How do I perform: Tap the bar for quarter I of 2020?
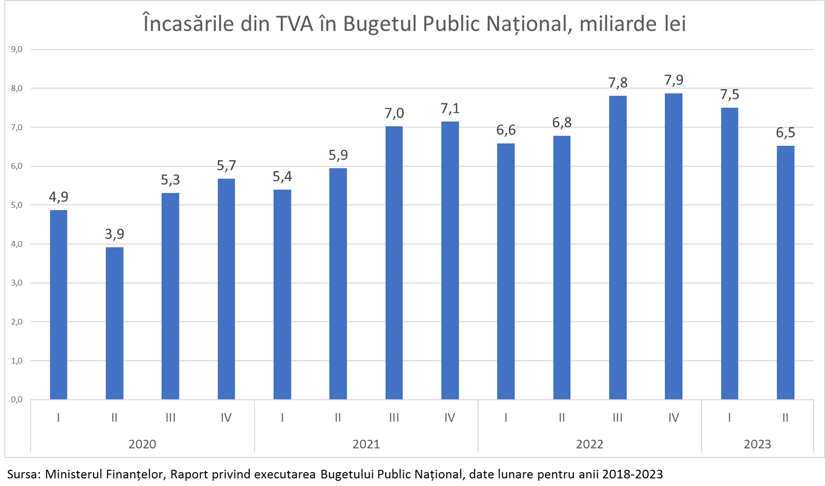pyautogui.click(x=59, y=304)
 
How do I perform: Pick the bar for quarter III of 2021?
pyautogui.click(x=394, y=263)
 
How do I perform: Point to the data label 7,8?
pyautogui.click(x=618, y=83)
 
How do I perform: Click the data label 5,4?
pyautogui.click(x=282, y=177)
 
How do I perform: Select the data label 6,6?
pyautogui.click(x=506, y=130)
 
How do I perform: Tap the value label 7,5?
pyautogui.click(x=730, y=95)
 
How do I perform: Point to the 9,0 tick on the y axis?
pyautogui.click(x=17, y=49)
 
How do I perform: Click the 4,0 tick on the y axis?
pyautogui.click(x=17, y=244)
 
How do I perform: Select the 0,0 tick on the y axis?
pyautogui.click(x=17, y=399)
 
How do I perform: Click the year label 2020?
pyautogui.click(x=142, y=444)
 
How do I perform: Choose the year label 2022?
pyautogui.click(x=590, y=444)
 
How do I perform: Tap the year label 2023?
pyautogui.click(x=757, y=444)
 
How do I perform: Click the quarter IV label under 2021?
pyautogui.click(x=450, y=418)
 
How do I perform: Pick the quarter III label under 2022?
pyautogui.click(x=618, y=418)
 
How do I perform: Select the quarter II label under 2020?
pyautogui.click(x=114, y=418)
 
